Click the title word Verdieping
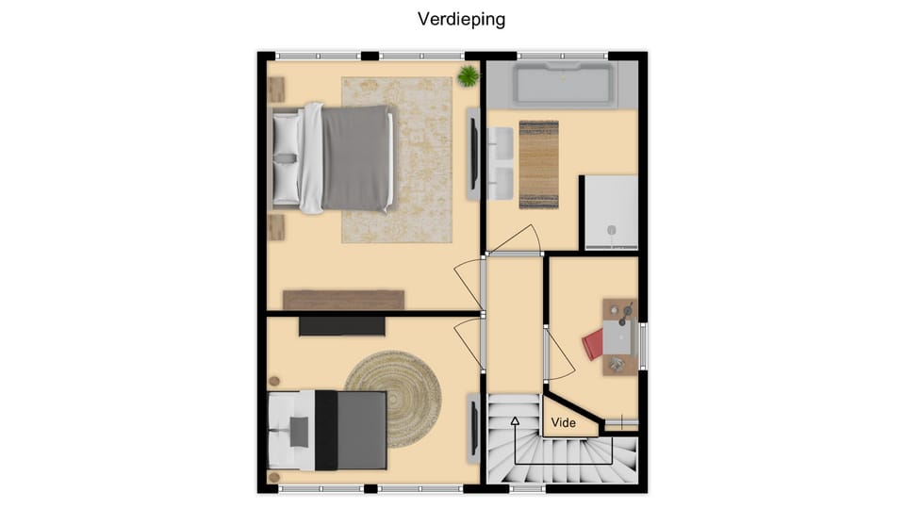[462, 19]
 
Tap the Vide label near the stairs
[564, 423]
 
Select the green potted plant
[468, 75]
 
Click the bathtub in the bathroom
[563, 85]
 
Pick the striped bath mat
[539, 164]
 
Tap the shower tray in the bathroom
[611, 213]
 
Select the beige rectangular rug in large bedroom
[398, 159]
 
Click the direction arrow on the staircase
[516, 421]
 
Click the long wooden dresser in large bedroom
[343, 300]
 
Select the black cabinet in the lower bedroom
[341, 326]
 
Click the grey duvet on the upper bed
[355, 158]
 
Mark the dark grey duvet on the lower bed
[362, 430]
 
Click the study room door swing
[559, 354]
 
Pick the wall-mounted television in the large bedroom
[473, 153]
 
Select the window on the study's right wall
[644, 347]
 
